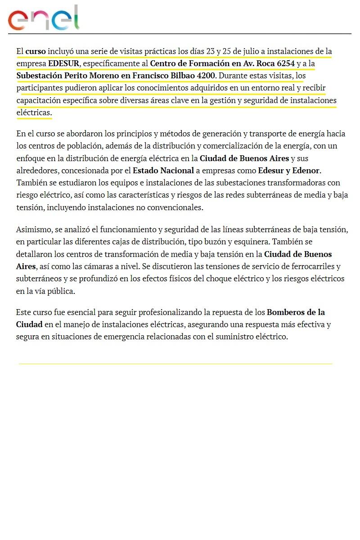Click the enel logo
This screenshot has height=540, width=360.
[43, 18]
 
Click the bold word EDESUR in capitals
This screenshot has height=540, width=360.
[64, 63]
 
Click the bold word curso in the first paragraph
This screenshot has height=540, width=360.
[36, 51]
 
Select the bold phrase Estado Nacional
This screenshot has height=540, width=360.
[163, 171]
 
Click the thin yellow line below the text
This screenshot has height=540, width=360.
[175, 364]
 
